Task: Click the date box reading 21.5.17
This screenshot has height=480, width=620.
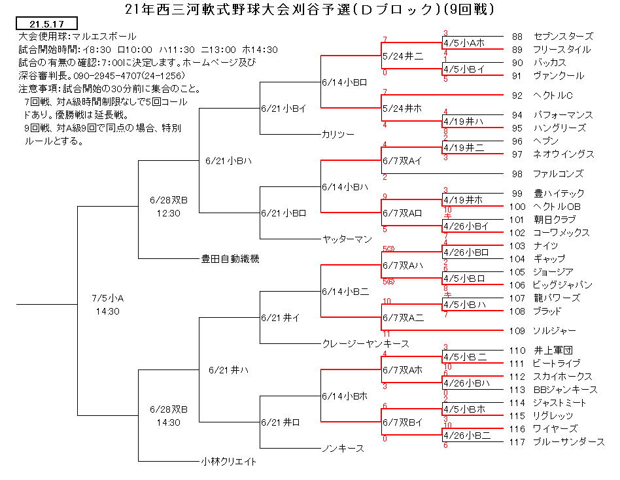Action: coord(46,24)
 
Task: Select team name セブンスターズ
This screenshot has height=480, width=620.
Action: coord(564,37)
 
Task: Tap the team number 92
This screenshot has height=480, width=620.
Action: coord(517,95)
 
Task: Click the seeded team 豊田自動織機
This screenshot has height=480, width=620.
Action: coord(230,259)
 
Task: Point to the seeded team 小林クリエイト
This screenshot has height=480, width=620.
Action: coord(228,462)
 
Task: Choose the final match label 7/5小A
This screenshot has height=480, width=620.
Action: coord(107,298)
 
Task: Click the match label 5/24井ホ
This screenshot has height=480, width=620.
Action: coord(402,109)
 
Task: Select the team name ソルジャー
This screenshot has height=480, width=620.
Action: coord(555,331)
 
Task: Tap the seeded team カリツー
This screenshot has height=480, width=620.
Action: coord(338,135)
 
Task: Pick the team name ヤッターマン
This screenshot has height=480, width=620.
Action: coord(347,239)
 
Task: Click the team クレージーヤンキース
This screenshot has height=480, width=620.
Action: coord(366,344)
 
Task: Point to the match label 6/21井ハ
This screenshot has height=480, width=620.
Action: coord(228,370)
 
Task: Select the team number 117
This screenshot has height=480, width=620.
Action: coord(517,442)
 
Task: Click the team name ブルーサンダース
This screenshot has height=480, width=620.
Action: coord(569,442)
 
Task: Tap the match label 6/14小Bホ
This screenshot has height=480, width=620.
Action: coord(345,396)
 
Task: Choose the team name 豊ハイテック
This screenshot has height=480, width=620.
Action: coord(559,194)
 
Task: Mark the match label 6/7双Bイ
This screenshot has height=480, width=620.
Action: coord(402,422)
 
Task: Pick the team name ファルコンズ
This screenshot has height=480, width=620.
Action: coord(559,174)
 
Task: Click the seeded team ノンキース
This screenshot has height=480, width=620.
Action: coord(343,449)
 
